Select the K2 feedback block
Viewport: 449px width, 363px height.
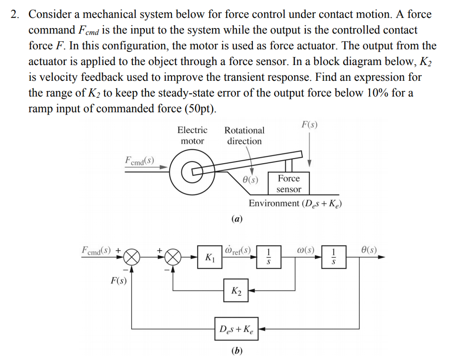[x=235, y=291]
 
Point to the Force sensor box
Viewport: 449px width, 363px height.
[x=289, y=183]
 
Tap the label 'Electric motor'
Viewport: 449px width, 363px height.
[x=192, y=136]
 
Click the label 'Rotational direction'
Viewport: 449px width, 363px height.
[x=244, y=136]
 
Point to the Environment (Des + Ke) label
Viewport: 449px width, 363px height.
[x=295, y=203]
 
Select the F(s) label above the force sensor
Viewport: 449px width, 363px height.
[x=310, y=124]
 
